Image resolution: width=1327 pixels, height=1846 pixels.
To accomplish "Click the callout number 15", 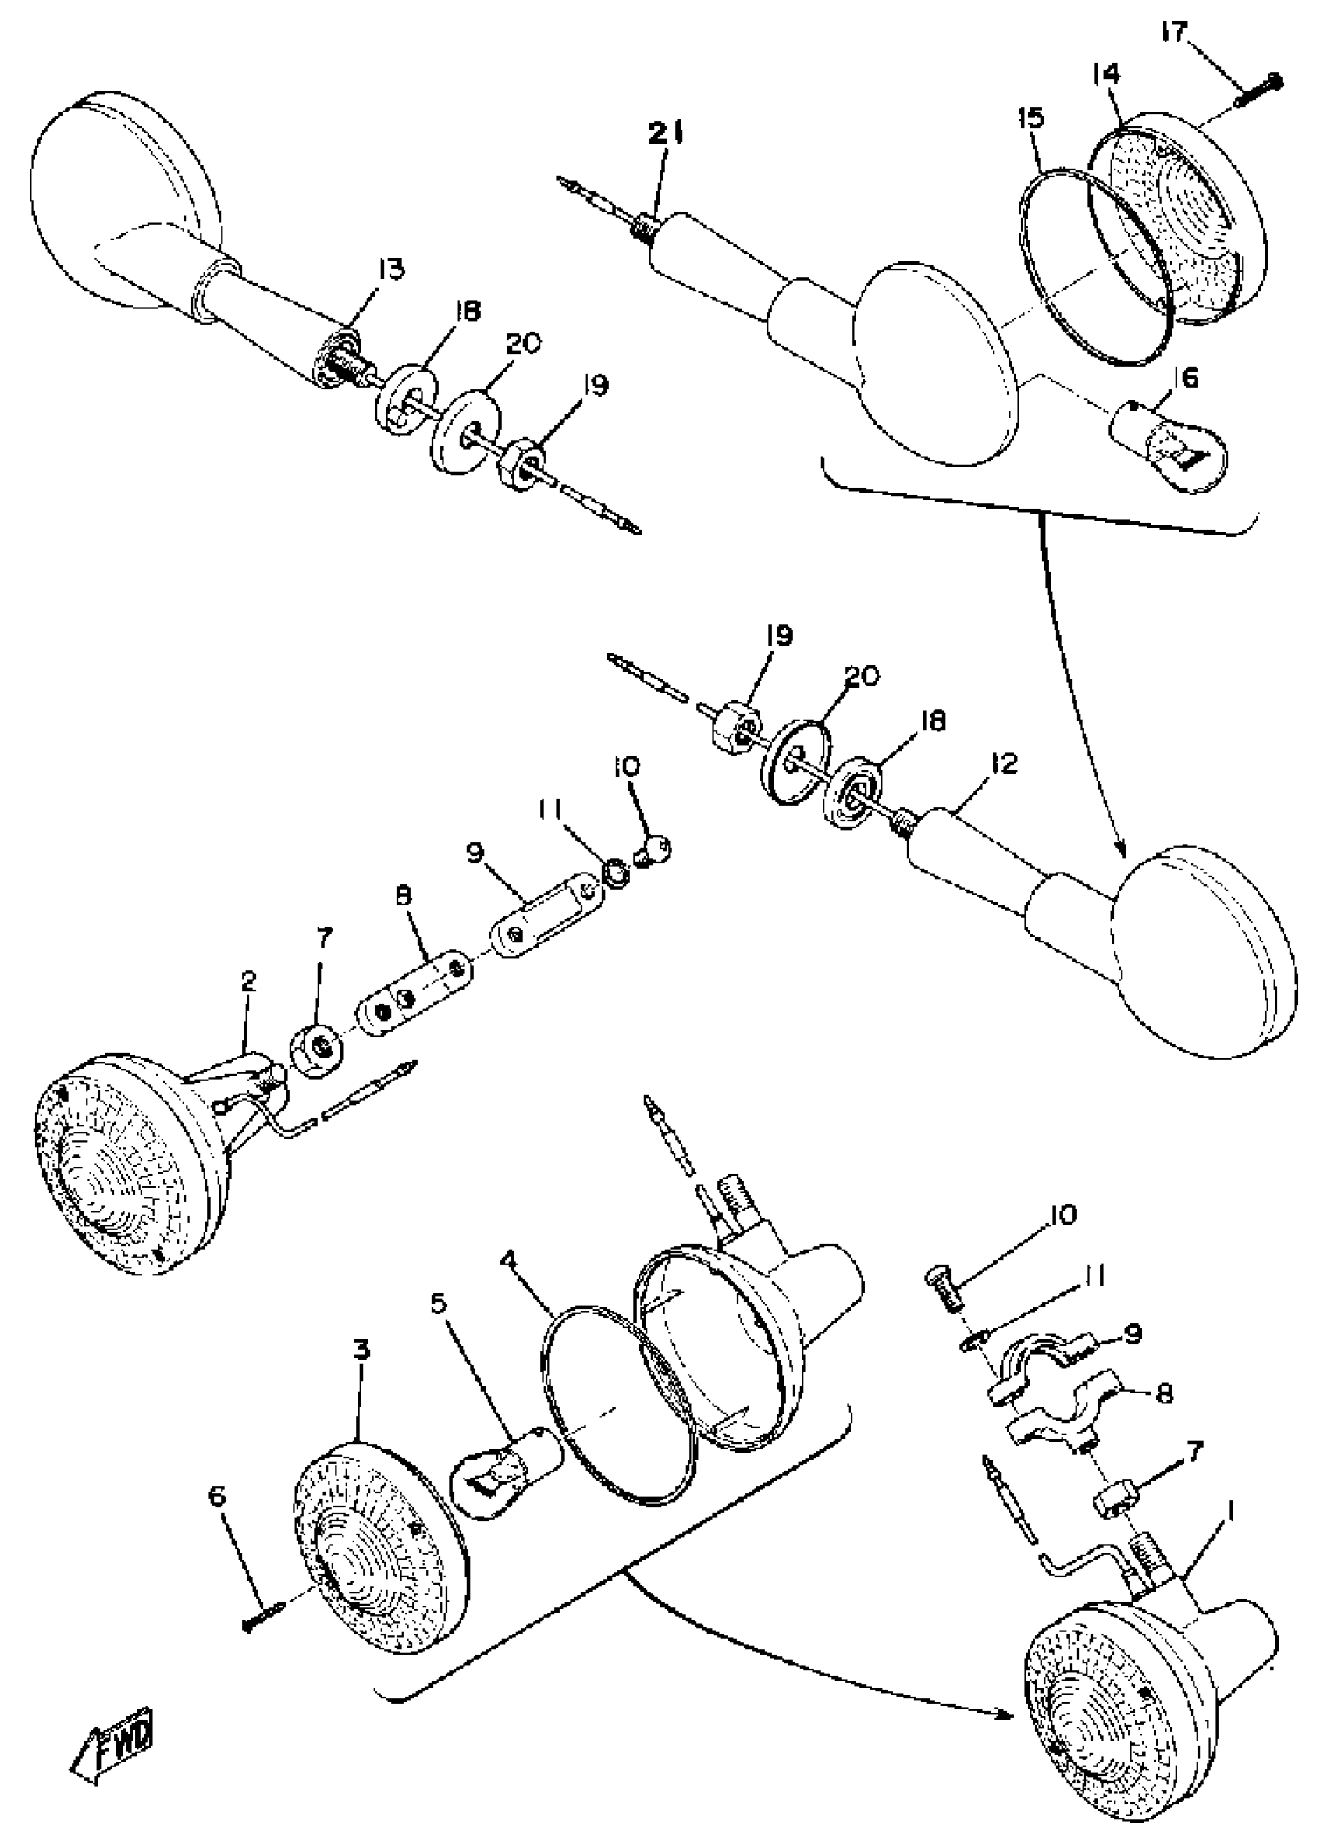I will click(1030, 118).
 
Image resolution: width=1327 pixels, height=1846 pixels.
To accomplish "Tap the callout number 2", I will click(247, 982).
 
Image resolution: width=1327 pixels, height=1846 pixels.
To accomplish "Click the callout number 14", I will click(1105, 74).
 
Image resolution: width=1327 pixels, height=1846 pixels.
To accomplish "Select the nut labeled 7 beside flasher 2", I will click(317, 1046).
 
